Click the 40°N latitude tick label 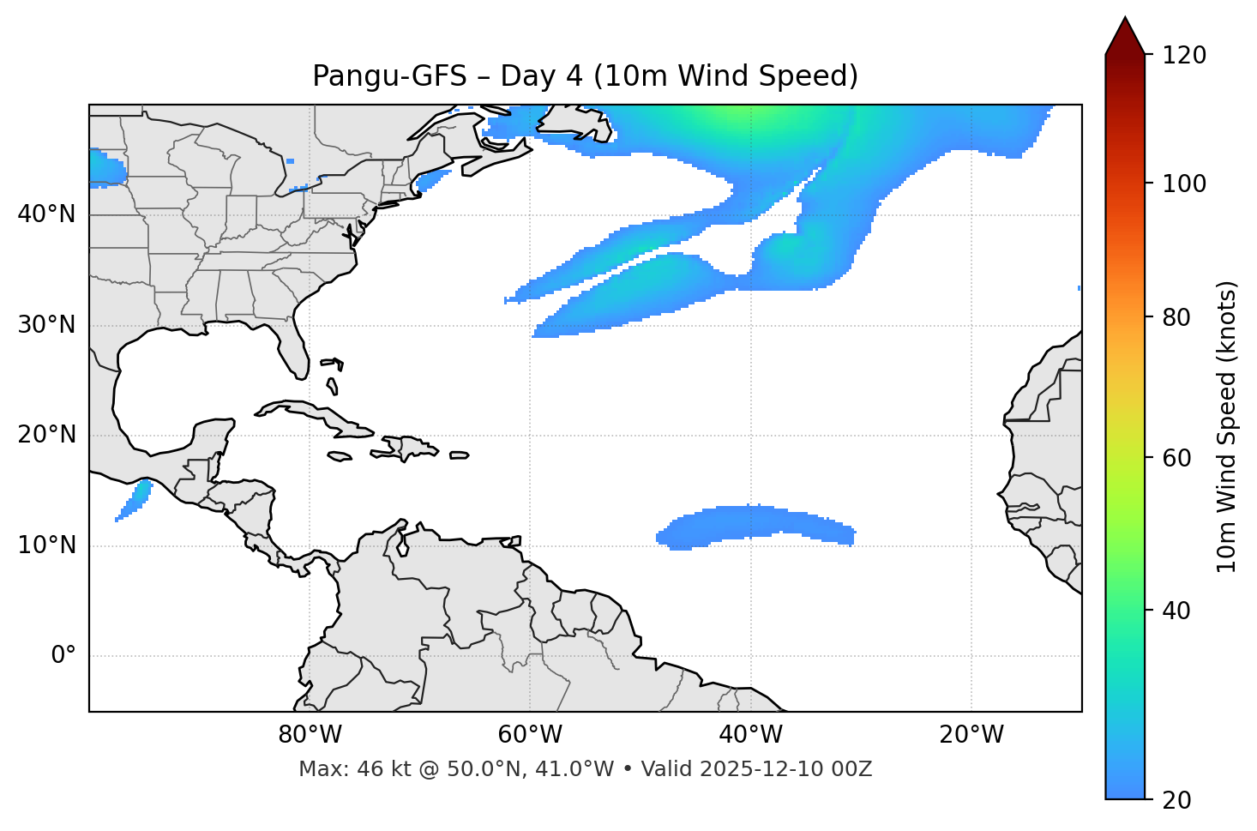(46, 214)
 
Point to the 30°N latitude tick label (46, 325)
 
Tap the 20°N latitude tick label (46, 435)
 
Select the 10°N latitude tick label (46, 545)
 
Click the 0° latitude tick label (63, 656)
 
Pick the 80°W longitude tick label (310, 735)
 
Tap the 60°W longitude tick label (530, 735)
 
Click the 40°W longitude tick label (751, 735)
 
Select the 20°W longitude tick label (971, 735)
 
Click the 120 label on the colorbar (1184, 56)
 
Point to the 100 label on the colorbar (1184, 184)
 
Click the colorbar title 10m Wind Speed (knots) (1227, 426)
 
